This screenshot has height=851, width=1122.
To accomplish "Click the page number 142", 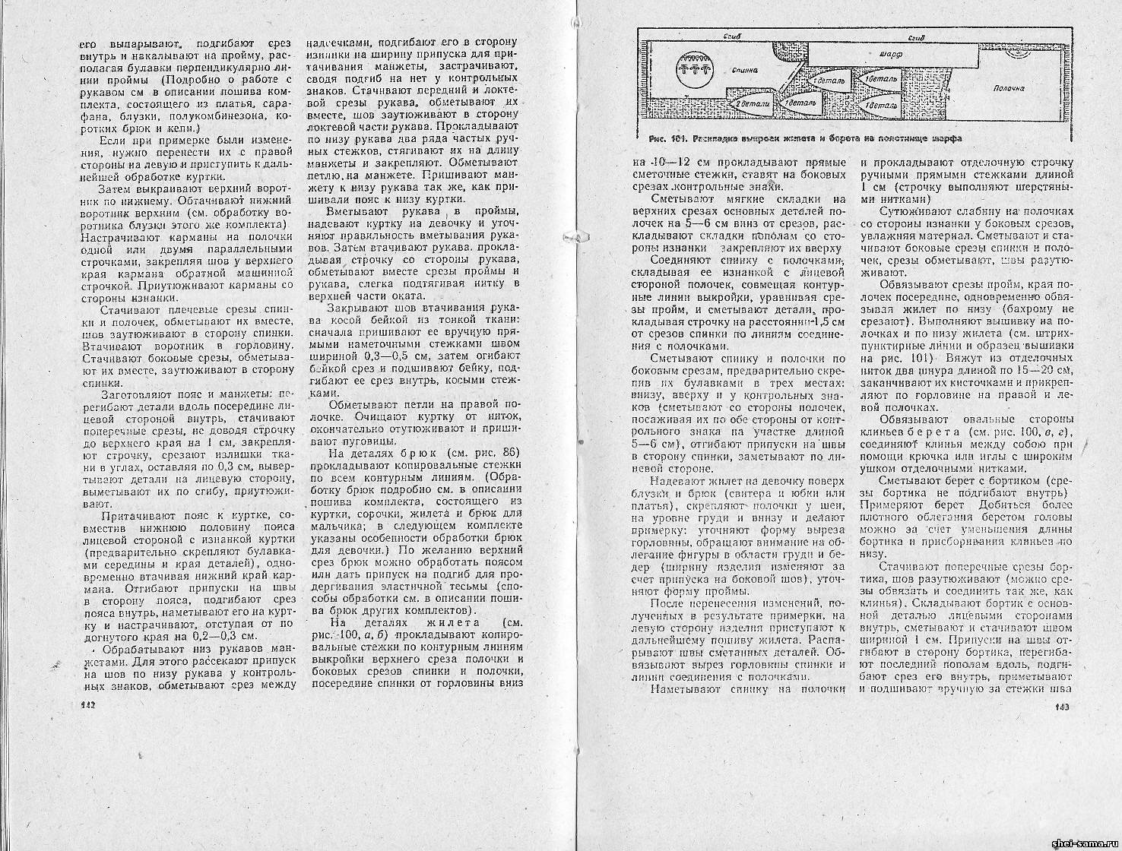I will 85,706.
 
